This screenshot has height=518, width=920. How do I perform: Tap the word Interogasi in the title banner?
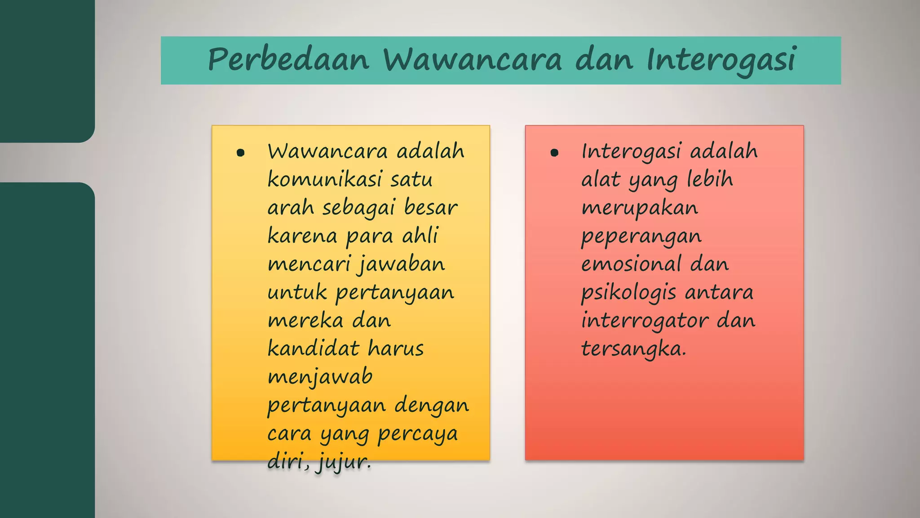(721, 60)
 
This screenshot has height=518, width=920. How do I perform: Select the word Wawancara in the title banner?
(472, 60)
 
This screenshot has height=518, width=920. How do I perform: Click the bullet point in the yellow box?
(240, 153)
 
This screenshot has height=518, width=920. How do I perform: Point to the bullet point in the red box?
(554, 153)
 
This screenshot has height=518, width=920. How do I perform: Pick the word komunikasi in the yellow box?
(324, 179)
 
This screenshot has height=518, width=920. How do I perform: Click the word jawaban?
(401, 264)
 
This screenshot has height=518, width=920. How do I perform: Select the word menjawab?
(320, 377)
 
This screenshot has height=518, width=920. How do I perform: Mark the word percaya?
(417, 434)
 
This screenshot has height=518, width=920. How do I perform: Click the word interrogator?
(645, 321)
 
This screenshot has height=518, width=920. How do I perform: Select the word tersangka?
(634, 349)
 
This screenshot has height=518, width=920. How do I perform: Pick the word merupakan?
(640, 208)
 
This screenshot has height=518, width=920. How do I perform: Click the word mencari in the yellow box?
(309, 264)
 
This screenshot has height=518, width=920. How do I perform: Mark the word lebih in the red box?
(710, 179)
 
